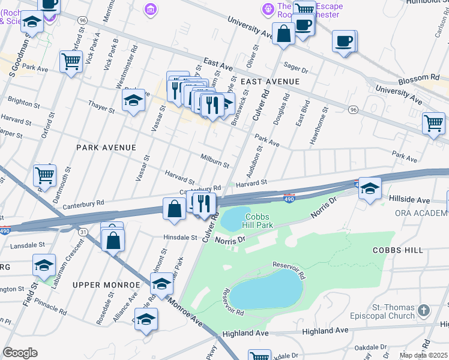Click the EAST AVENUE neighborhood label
coord(270,81)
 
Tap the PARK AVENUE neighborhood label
coord(106,147)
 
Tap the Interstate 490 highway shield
coord(289,197)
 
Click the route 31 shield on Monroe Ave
coord(83,232)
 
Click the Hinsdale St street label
coord(180,237)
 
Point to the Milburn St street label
coord(214,160)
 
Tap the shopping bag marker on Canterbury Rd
coord(174,209)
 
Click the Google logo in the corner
coord(20,353)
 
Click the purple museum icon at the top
coord(149,8)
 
